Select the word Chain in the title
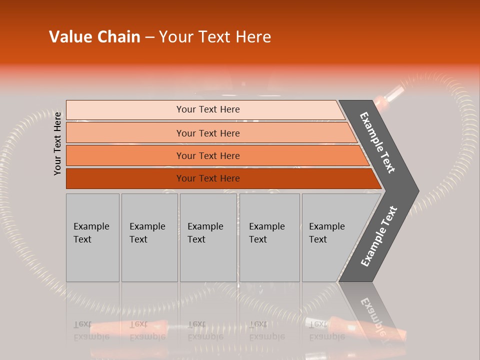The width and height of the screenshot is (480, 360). pos(118,37)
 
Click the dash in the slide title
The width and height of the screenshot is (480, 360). pos(149,37)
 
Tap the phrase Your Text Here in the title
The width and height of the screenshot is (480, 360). pos(215,37)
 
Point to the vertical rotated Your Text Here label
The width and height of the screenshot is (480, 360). pos(57,143)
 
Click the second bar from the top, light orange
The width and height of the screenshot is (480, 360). pos(208,133)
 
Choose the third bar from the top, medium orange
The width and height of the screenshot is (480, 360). pos(208,155)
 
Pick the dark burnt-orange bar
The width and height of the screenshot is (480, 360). pos(208,178)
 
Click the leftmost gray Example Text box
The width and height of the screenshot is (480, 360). pos(92,237)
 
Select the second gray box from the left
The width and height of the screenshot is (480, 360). pos(149,237)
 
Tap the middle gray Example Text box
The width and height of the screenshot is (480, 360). pos(208,237)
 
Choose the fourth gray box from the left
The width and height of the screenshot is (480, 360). pos(269,237)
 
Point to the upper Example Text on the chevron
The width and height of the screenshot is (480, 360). pos(377,142)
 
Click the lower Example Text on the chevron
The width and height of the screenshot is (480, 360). pos(378,236)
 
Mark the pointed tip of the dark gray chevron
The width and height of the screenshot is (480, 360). pos(417,191)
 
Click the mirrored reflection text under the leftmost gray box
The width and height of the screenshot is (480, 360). pos(91,331)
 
